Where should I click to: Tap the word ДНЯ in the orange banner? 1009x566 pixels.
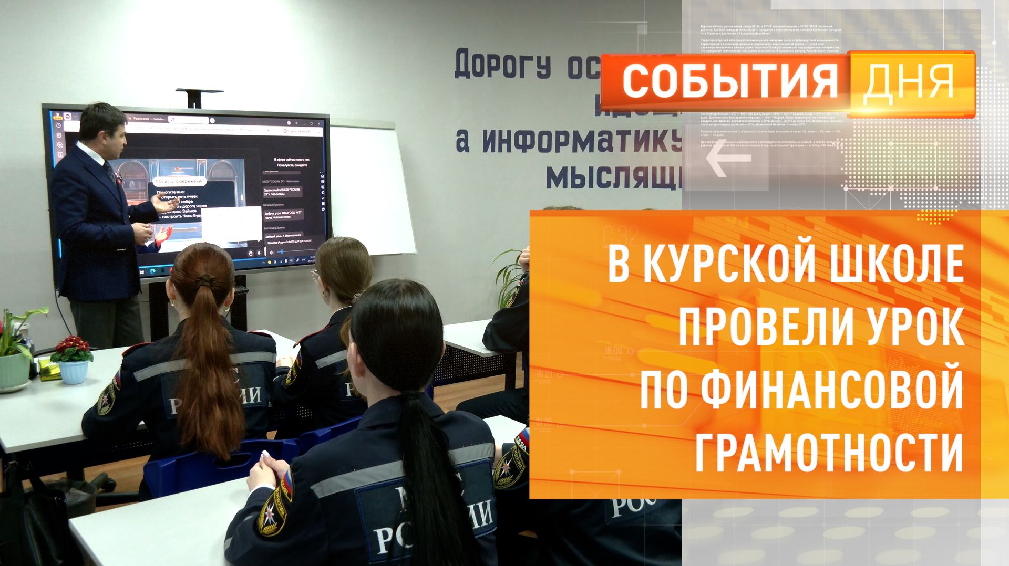pyautogui.click(x=908, y=82)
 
